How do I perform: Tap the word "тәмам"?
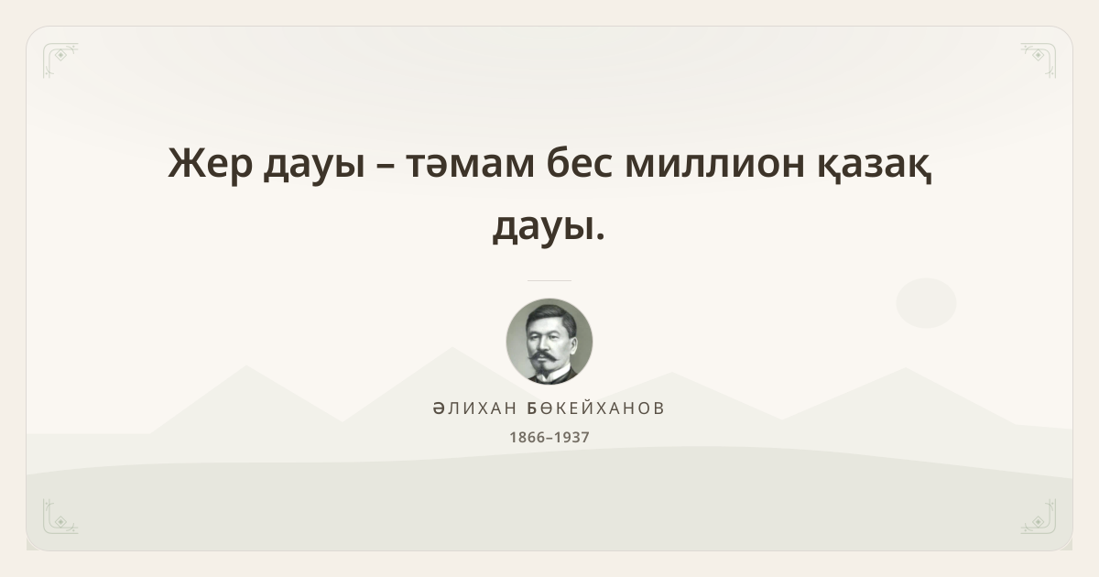point(470,165)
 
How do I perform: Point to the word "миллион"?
point(715,165)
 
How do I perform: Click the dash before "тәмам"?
point(386,167)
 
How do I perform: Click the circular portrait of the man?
point(549,342)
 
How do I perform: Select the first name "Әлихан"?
point(475,408)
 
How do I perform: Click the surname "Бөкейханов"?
point(595,408)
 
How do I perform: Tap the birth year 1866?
point(528,437)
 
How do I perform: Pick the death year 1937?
point(571,437)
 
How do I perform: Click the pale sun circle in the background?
point(926,303)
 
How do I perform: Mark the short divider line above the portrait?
point(549,280)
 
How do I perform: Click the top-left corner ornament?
point(60,60)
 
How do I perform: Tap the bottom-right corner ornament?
point(1039,517)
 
